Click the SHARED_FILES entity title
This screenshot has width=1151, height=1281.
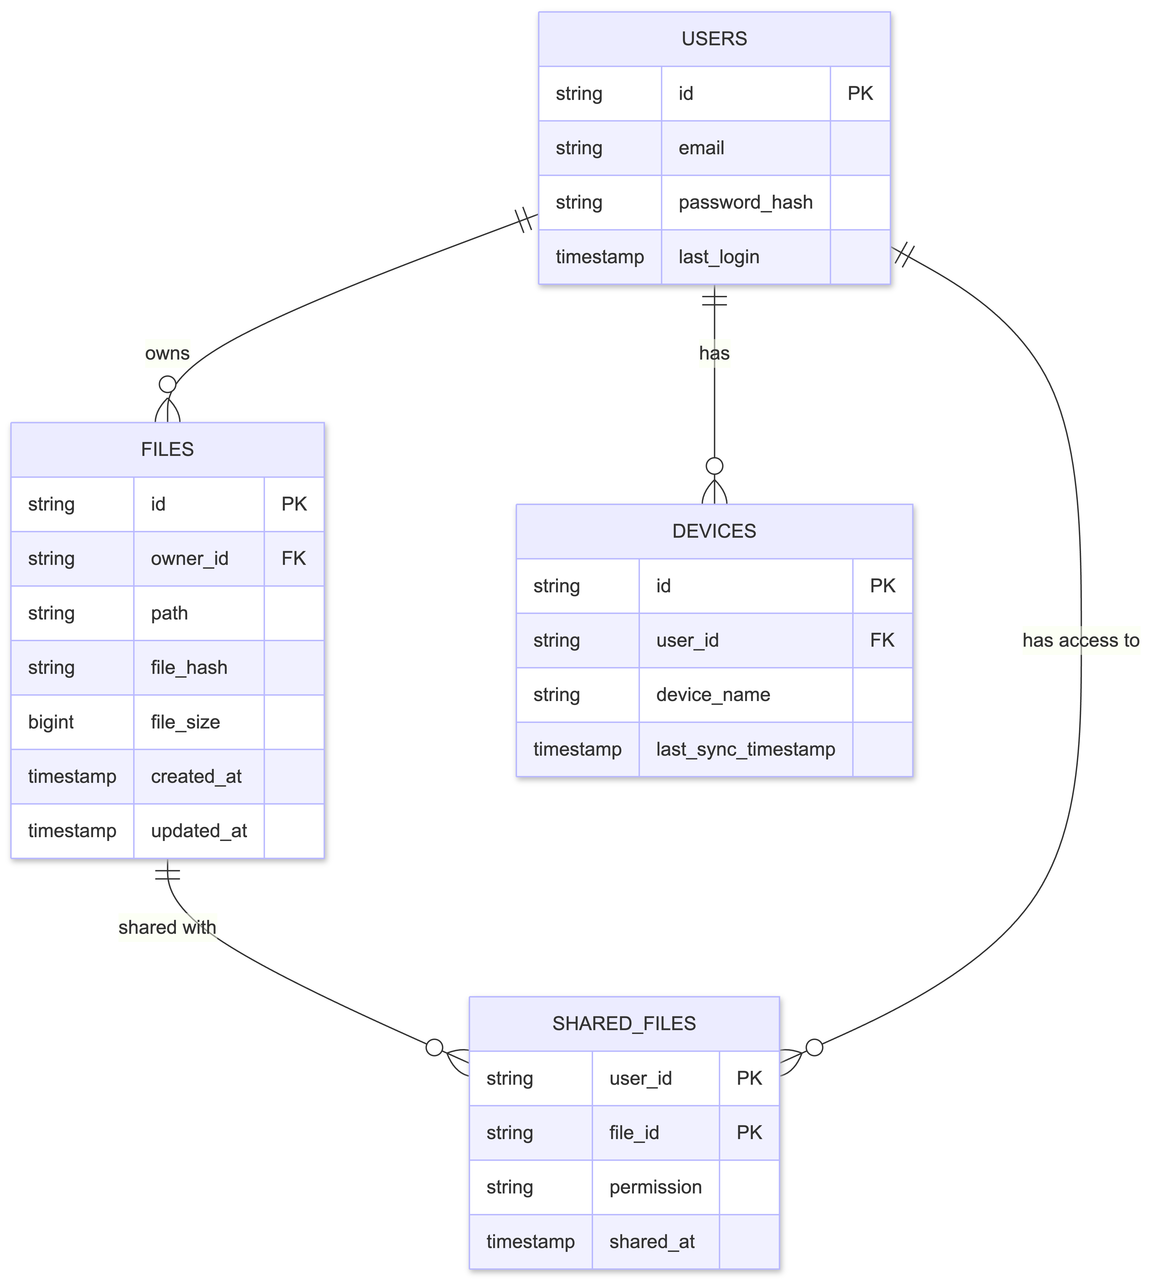click(624, 1024)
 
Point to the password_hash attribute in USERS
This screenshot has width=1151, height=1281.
click(745, 203)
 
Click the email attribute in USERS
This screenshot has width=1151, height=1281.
click(701, 148)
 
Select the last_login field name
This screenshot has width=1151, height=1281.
click(718, 257)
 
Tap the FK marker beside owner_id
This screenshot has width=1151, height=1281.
click(293, 559)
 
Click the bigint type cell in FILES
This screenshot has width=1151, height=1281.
click(51, 722)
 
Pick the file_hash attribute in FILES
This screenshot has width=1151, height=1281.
click(189, 667)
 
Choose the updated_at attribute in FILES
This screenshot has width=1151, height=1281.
click(199, 831)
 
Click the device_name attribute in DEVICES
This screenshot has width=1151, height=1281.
click(713, 695)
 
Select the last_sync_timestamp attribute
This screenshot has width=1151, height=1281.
click(745, 749)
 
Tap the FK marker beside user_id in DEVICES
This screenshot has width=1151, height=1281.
click(882, 640)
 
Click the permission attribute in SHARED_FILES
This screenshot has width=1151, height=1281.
click(655, 1187)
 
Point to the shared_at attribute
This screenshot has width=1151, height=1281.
click(652, 1241)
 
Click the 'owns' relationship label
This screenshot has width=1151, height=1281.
click(167, 353)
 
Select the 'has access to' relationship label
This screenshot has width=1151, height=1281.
click(1080, 640)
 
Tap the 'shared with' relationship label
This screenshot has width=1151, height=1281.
click(167, 927)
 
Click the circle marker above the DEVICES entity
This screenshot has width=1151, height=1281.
click(714, 466)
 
